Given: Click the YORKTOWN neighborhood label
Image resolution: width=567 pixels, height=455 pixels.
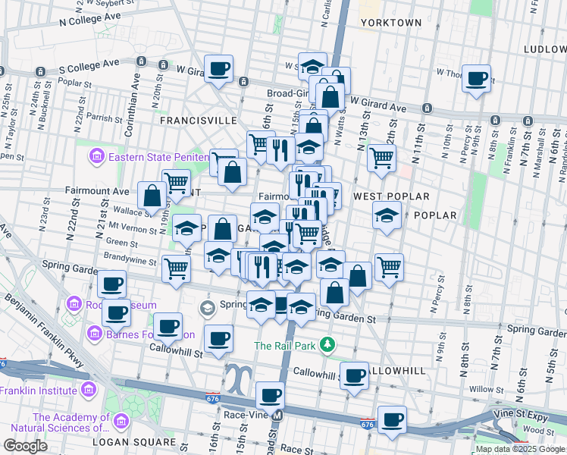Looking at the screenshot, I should coord(391,23).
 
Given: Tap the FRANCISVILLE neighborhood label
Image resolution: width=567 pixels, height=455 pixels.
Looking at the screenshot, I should coord(198,121).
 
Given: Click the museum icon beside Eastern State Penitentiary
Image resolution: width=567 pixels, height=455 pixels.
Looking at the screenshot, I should coord(96,158).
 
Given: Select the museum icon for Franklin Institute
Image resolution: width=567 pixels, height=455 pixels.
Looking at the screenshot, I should coord(89,391).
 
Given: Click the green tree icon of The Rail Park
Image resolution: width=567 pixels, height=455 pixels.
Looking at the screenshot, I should coord(327,346).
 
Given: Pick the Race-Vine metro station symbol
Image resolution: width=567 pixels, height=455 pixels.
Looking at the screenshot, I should coord(277,416).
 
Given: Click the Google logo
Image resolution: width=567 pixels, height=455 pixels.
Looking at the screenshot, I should coord(25,446).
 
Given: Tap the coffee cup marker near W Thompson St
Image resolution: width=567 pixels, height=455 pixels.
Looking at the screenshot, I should coord(477,78).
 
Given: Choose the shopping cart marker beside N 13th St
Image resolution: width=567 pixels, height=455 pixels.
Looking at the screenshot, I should coord(381,158).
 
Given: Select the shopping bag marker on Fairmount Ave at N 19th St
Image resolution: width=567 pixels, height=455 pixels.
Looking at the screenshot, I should coord(152,196).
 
